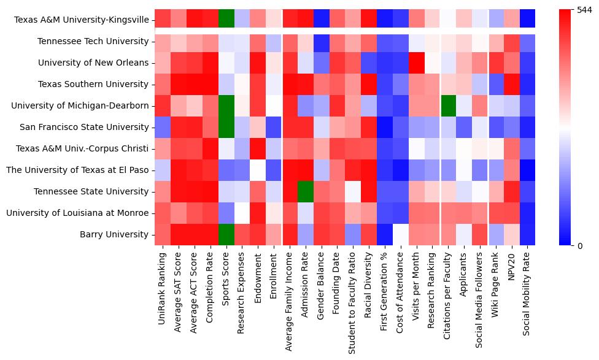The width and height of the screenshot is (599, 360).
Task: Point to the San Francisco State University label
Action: [82, 127]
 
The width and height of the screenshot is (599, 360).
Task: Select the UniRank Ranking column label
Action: [163, 288]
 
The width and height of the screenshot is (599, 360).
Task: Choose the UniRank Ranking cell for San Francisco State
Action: [163, 127]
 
